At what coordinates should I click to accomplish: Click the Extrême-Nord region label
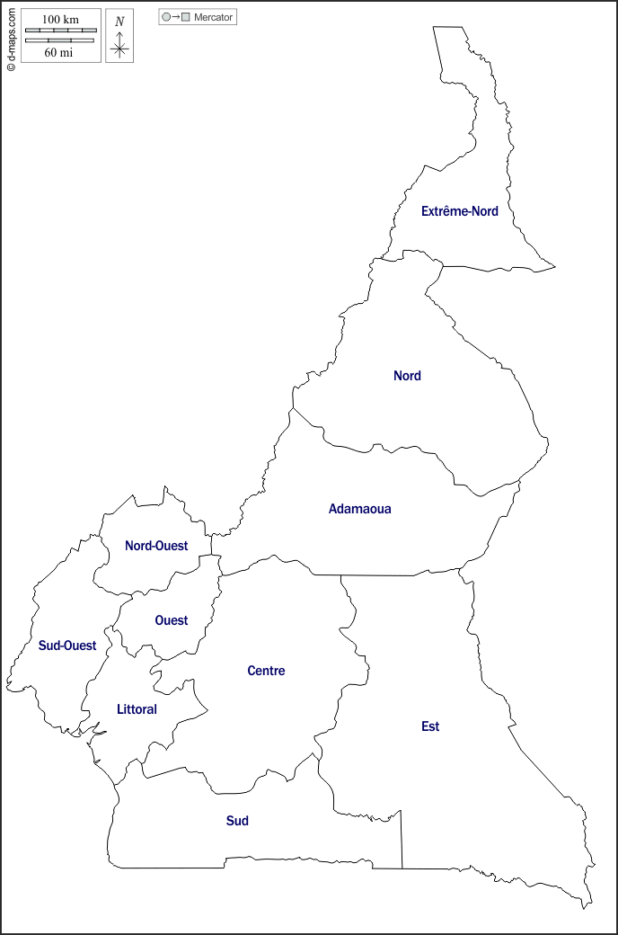(459, 211)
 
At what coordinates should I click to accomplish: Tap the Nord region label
(407, 376)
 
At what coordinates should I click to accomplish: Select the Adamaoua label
(359, 509)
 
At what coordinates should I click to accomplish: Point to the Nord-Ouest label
(156, 546)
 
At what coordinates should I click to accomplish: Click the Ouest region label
(172, 620)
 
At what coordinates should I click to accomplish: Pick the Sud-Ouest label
(67, 646)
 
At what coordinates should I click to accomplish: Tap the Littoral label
(137, 709)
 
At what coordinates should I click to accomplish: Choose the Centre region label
(266, 671)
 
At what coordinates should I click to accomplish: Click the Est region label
(430, 726)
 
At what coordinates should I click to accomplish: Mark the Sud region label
(237, 821)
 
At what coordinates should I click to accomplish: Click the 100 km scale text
(60, 20)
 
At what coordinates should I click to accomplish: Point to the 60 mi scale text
(59, 52)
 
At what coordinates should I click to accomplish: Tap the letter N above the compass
(119, 21)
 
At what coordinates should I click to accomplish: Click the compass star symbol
(119, 48)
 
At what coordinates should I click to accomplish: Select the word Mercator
(214, 17)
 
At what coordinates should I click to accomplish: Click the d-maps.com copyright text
(11, 37)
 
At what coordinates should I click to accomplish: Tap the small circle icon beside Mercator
(166, 17)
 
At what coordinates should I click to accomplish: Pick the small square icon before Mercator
(186, 17)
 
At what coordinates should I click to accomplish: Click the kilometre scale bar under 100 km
(60, 31)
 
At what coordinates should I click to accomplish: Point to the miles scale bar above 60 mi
(59, 40)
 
